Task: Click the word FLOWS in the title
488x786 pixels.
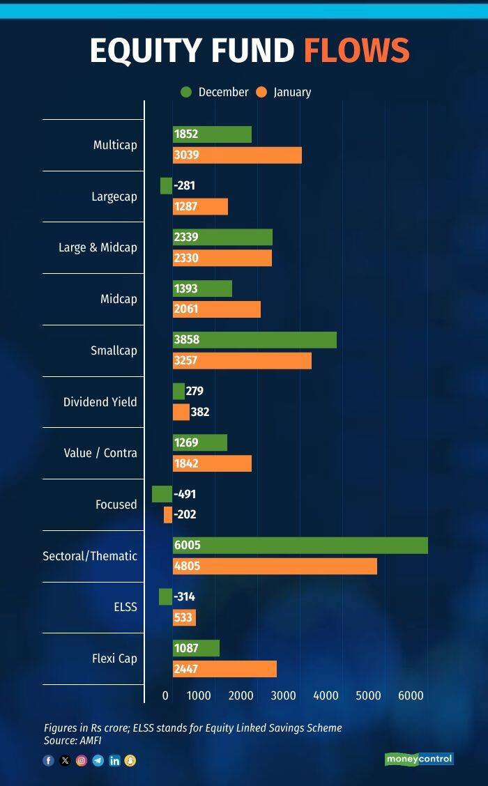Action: [356, 52]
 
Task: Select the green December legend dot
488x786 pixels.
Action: [186, 92]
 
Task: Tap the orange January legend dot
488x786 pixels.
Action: [262, 92]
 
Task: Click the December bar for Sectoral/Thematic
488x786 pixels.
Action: [300, 546]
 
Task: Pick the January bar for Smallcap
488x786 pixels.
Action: [242, 361]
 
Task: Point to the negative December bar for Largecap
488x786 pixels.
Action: [166, 186]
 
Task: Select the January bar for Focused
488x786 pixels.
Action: [168, 515]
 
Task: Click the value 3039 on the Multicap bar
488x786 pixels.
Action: [186, 155]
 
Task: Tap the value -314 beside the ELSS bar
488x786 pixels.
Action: [184, 597]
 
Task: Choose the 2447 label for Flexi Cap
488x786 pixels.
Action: [186, 669]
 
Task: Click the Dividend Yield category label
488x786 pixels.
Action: [100, 402]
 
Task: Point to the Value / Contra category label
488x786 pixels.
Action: [100, 453]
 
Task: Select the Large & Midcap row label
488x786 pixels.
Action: [98, 247]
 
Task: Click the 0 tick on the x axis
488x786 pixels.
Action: [166, 695]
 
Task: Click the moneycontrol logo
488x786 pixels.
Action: [419, 759]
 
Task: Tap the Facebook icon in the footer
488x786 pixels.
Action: [49, 761]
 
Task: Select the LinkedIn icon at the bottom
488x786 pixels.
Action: [114, 761]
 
